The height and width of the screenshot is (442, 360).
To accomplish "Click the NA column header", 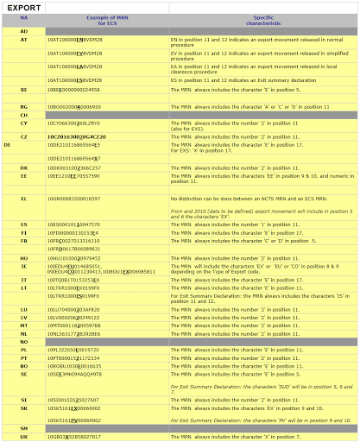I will pyautogui.click(x=23, y=17).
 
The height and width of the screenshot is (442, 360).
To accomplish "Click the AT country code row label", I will pyautogui.click(x=23, y=40).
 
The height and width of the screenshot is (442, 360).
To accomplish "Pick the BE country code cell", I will pyautogui.click(x=23, y=89).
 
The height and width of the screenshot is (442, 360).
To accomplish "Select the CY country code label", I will pyautogui.click(x=23, y=123).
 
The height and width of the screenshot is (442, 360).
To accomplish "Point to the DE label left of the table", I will pyautogui.click(x=8, y=145).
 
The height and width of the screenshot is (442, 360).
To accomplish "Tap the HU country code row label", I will pyautogui.click(x=23, y=257).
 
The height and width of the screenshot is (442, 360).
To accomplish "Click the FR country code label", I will pyautogui.click(x=23, y=240).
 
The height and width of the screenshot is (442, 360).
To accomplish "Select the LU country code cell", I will pyautogui.click(x=23, y=308).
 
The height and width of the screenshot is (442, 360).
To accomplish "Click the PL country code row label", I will pyautogui.click(x=23, y=349).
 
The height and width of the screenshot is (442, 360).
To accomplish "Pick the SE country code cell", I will pyautogui.click(x=23, y=374).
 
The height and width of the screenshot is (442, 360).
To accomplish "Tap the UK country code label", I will pyautogui.click(x=23, y=437).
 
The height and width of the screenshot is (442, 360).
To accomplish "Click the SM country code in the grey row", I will pyautogui.click(x=23, y=428).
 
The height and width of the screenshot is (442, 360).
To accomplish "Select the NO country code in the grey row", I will pyautogui.click(x=23, y=341).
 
